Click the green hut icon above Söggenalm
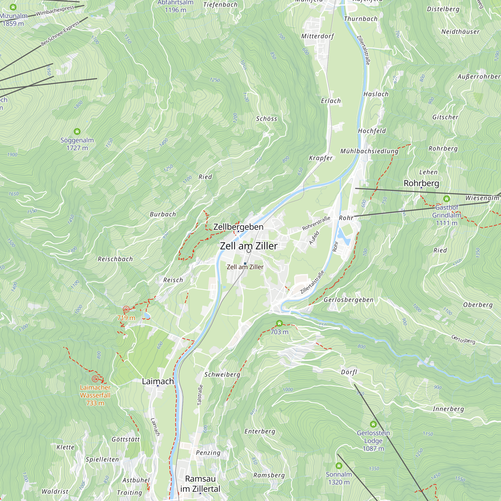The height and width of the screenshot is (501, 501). pos(77,132)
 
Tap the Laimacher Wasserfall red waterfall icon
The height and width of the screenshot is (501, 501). pos(95,379)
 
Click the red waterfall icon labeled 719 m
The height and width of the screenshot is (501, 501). pos(126,309)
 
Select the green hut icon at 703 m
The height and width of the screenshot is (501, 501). pos(279,323)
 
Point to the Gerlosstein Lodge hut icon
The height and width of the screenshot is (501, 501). pos(373,424)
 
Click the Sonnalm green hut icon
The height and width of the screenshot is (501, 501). pos(339,466)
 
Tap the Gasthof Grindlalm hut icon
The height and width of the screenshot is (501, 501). pos(446,199)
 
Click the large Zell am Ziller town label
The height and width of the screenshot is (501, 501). pos(248,246)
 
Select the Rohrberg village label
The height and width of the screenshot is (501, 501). pos(421,183)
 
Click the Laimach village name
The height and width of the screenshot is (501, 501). pos(158,381)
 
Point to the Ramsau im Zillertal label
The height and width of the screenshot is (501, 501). pos(200,484)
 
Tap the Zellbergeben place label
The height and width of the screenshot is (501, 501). pos(238,227)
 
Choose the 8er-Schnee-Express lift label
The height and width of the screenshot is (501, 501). pos(60,34)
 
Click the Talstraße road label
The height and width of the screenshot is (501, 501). pos(200,395)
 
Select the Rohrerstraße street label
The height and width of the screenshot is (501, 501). pos(316,223)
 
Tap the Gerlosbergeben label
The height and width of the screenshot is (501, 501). pos(348,300)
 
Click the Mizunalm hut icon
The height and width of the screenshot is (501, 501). pos(13,7)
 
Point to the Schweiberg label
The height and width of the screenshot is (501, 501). pos(222,374)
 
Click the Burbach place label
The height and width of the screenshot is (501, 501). pos(163,214)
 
